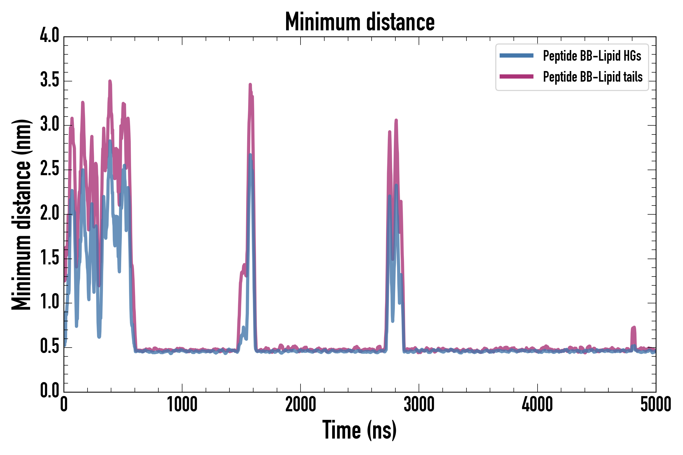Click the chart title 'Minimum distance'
359,22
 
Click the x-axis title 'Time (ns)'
359,430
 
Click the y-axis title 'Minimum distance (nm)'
21,214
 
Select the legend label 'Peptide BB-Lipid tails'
593,77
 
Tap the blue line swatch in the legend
516,56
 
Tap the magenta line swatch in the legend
516,77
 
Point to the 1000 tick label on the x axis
182,404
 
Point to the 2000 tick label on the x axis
301,404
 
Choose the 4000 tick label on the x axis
537,404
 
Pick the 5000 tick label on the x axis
655,404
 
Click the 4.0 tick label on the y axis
49,36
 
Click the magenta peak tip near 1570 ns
250,84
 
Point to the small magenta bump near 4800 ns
633,328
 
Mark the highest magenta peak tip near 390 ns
110,81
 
